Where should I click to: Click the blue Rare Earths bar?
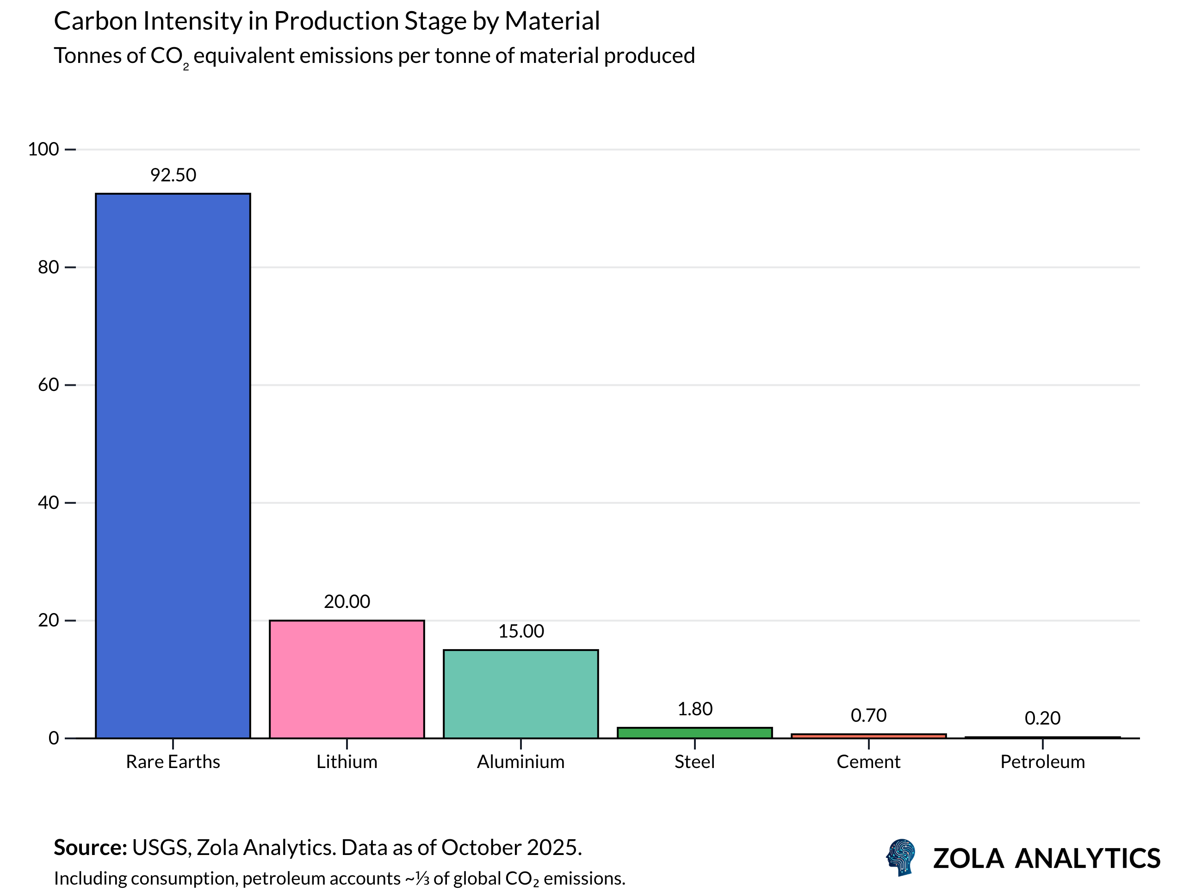click(173, 466)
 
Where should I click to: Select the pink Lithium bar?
click(347, 679)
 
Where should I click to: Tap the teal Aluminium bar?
click(521, 694)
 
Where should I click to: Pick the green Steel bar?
click(694, 733)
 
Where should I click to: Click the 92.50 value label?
click(173, 175)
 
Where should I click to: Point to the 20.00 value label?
click(347, 601)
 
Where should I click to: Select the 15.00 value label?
click(521, 631)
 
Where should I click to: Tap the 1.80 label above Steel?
click(694, 709)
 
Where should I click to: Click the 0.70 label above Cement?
click(868, 715)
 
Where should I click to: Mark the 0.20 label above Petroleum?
click(1042, 719)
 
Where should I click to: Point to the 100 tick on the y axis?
click(43, 149)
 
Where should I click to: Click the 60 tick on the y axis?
click(49, 385)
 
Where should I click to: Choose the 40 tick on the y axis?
click(49, 502)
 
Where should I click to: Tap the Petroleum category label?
click(1042, 762)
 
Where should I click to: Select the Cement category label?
click(868, 762)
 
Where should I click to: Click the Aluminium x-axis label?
click(521, 762)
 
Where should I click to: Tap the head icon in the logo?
click(901, 857)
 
